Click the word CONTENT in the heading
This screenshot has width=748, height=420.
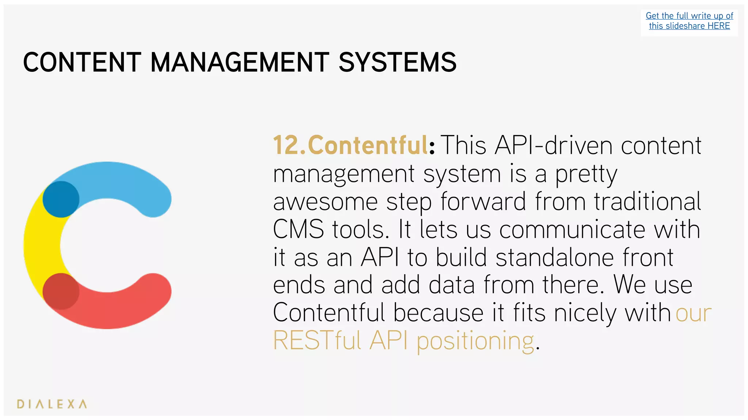[82, 62]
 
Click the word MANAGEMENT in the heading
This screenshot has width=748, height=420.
[240, 62]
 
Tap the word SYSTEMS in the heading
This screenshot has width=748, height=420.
[397, 62]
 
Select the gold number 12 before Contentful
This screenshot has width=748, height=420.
[286, 145]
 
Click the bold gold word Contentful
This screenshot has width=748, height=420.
[368, 145]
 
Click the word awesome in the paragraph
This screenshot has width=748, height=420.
[325, 202]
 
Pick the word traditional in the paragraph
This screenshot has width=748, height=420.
[647, 202]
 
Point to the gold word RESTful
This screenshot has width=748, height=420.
[317, 341]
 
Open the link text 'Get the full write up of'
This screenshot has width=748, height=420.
[689, 16]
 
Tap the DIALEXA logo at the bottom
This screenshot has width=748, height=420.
[52, 404]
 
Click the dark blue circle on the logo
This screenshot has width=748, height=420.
[61, 199]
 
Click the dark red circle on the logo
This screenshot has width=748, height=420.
[61, 291]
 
